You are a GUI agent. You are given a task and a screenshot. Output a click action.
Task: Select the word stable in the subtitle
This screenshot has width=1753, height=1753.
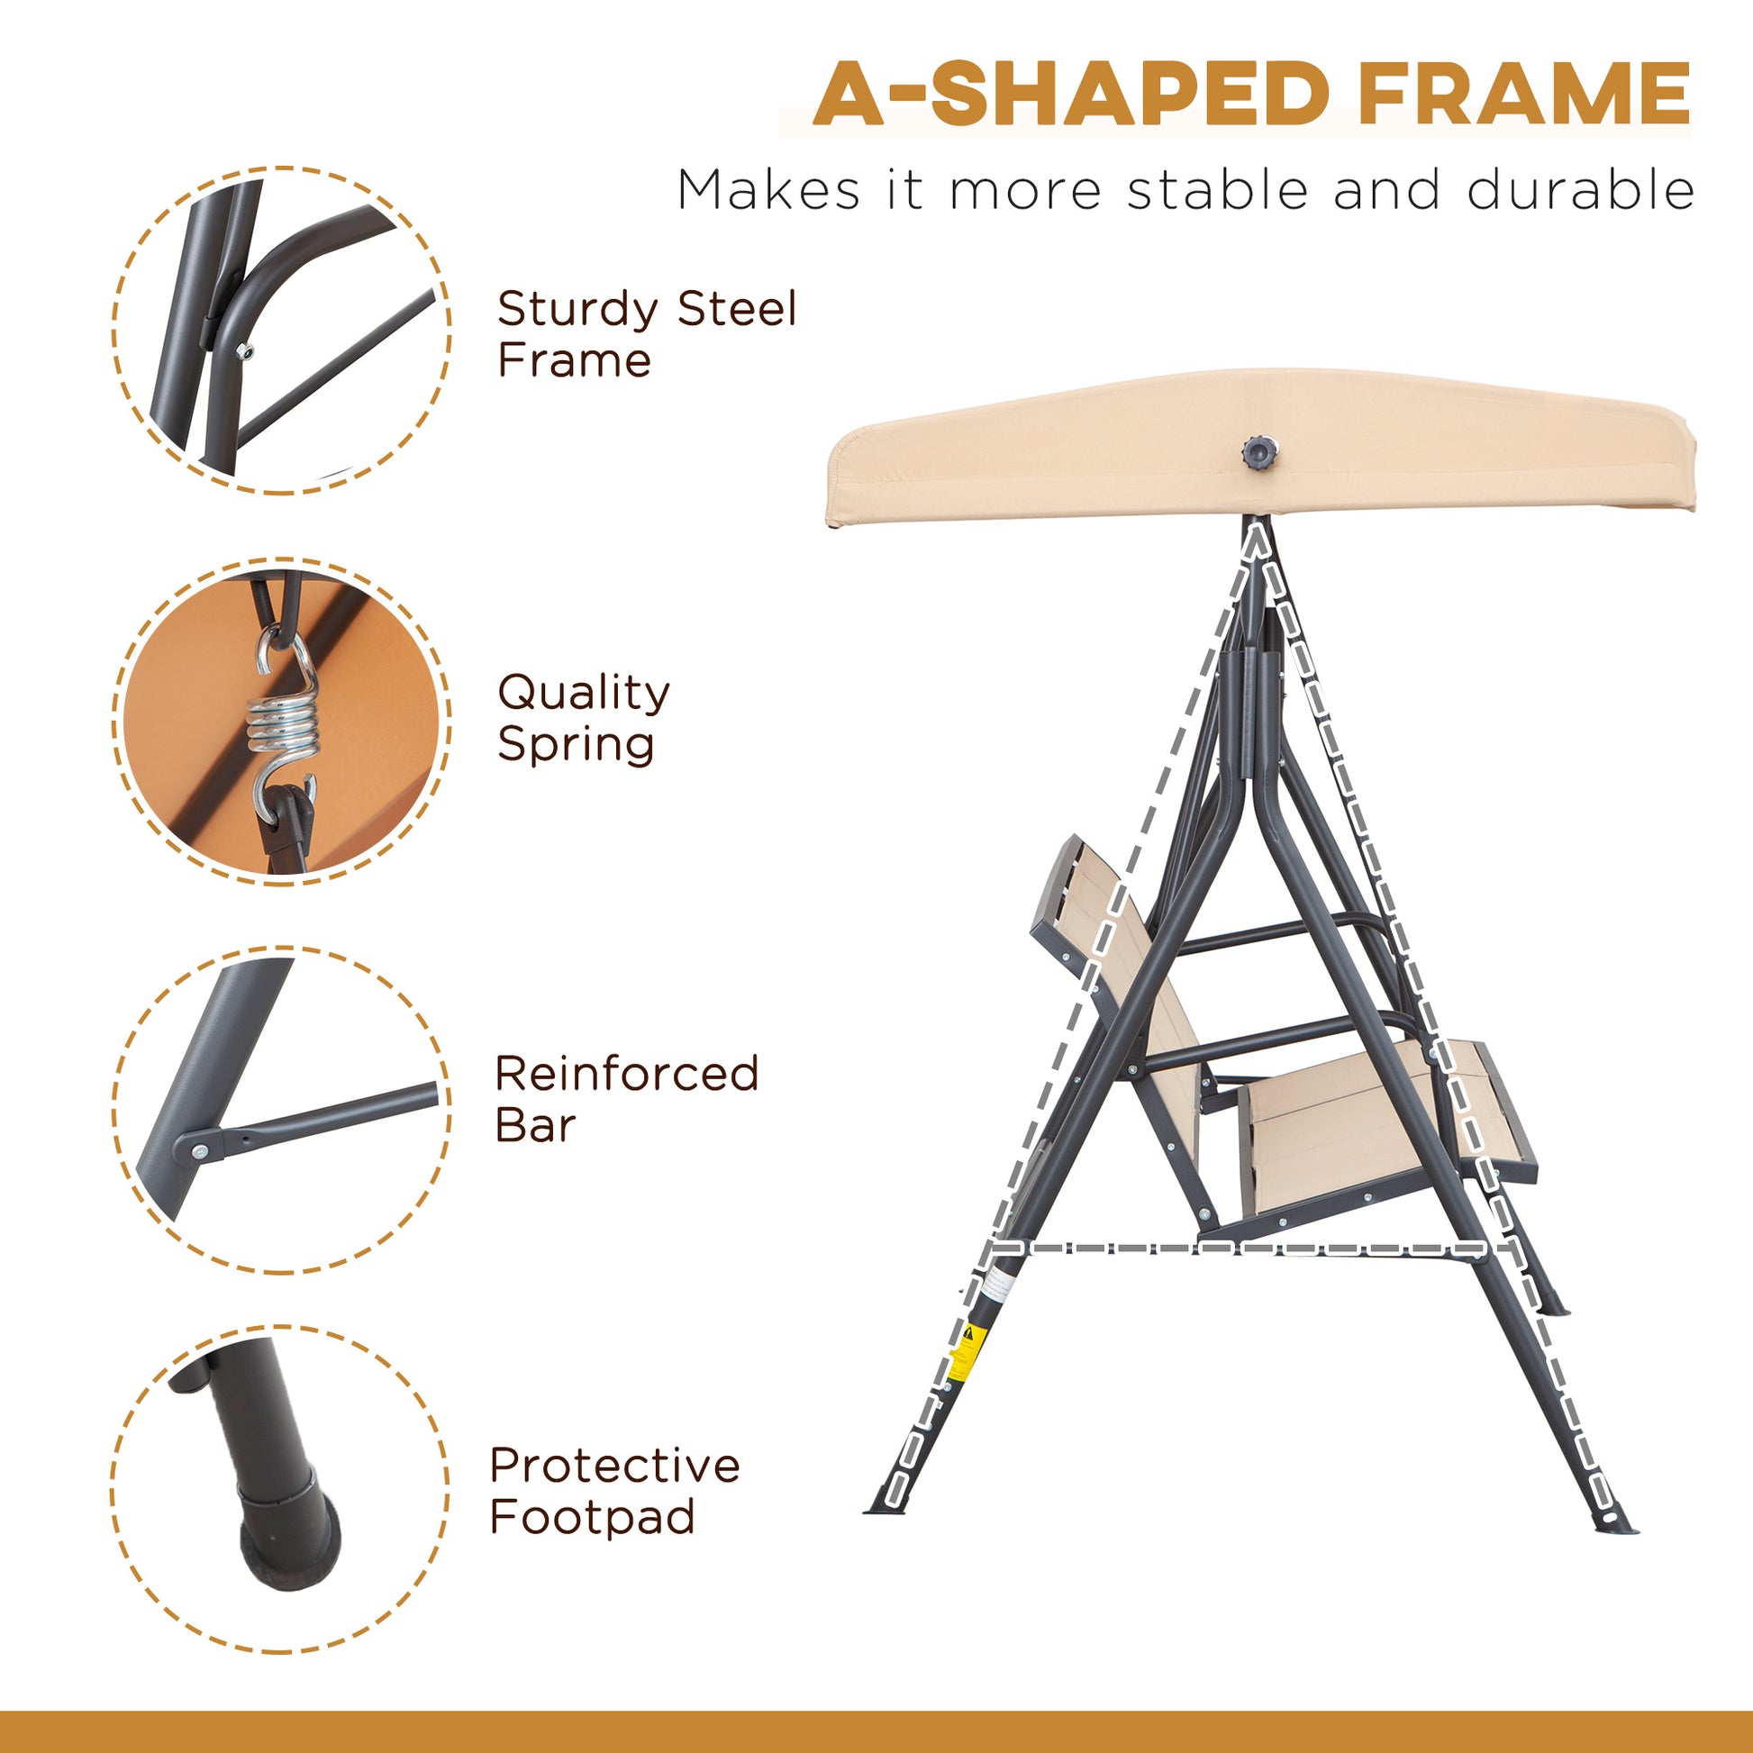click(x=1218, y=191)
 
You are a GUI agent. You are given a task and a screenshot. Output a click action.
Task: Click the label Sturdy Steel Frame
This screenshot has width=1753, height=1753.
click(x=646, y=334)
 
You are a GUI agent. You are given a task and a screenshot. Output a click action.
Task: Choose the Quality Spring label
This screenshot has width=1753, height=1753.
click(x=584, y=718)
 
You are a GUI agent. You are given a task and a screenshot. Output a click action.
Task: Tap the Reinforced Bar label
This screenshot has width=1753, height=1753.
click(x=626, y=1099)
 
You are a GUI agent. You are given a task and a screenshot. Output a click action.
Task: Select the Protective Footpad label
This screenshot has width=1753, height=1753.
click(x=614, y=1491)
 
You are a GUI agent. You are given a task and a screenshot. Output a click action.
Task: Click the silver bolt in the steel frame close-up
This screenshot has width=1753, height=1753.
click(x=242, y=352)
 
